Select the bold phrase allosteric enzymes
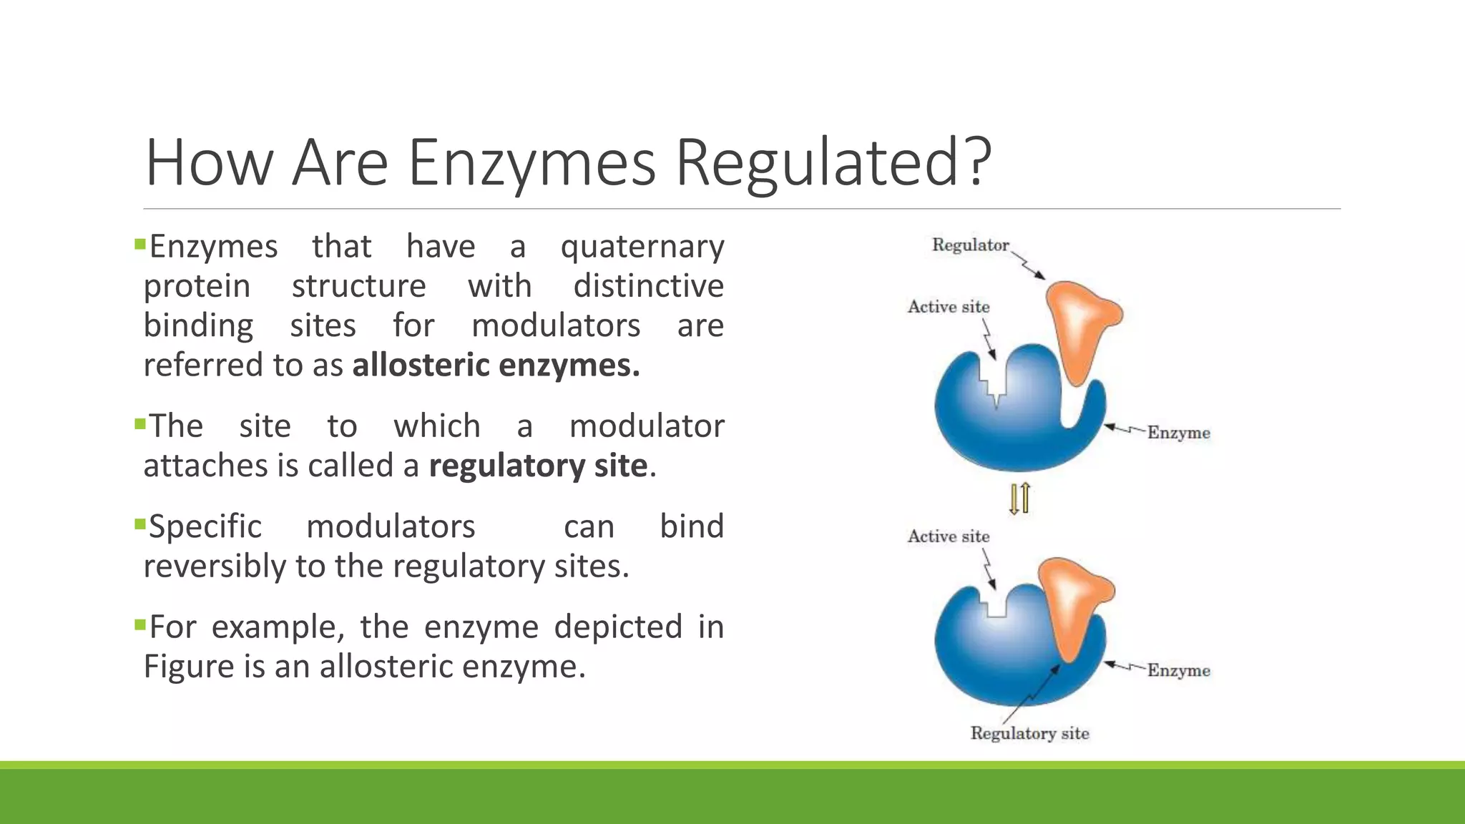[496, 366]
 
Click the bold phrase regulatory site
[538, 466]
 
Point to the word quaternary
[642, 247]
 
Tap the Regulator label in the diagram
[970, 245]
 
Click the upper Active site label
[949, 307]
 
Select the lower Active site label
[949, 536]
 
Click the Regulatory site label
[1029, 733]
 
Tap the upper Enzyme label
[1178, 433]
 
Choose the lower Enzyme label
[1178, 670]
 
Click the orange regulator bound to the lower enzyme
[1073, 601]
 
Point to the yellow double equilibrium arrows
[1019, 498]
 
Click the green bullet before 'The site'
[139, 424]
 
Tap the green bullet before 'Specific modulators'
[139, 524]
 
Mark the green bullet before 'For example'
[139, 625]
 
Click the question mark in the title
[974, 163]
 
